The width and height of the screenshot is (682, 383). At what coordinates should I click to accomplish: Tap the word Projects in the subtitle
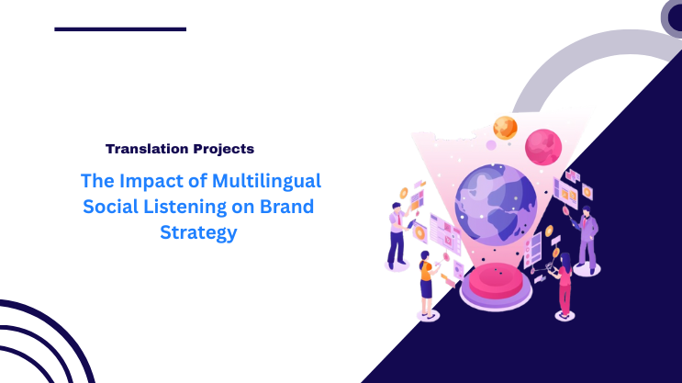click(x=223, y=148)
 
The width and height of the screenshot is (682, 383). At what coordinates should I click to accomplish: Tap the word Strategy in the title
click(x=198, y=232)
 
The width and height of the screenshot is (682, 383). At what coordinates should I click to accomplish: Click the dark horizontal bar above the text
click(x=119, y=29)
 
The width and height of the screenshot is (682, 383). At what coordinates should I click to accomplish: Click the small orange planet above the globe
click(x=505, y=128)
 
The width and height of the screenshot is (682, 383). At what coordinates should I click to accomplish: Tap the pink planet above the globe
click(x=542, y=147)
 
